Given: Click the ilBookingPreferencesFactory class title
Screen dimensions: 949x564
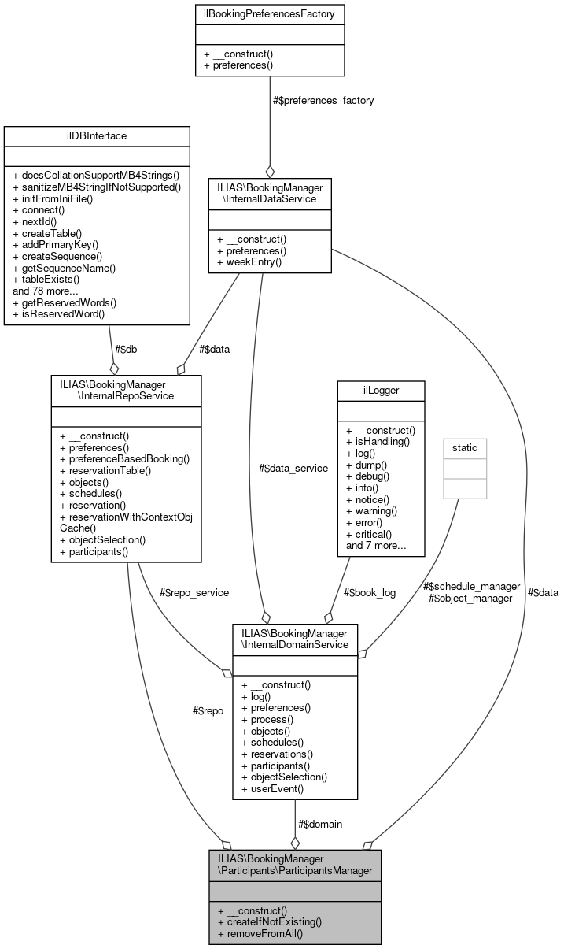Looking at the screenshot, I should click(x=269, y=13).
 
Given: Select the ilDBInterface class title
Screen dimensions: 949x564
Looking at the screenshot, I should click(x=97, y=135).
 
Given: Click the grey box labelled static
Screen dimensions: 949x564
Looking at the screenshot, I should click(x=464, y=448).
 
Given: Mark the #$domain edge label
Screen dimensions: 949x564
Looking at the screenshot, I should click(x=320, y=824).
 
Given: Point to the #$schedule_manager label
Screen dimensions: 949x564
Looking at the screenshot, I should click(x=471, y=586).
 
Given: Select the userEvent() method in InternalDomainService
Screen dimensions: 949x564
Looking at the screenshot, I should click(x=273, y=788).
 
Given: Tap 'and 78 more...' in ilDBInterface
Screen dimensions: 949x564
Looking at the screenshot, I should click(x=45, y=290).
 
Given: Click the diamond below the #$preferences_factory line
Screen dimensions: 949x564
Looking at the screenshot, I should click(x=270, y=171).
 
